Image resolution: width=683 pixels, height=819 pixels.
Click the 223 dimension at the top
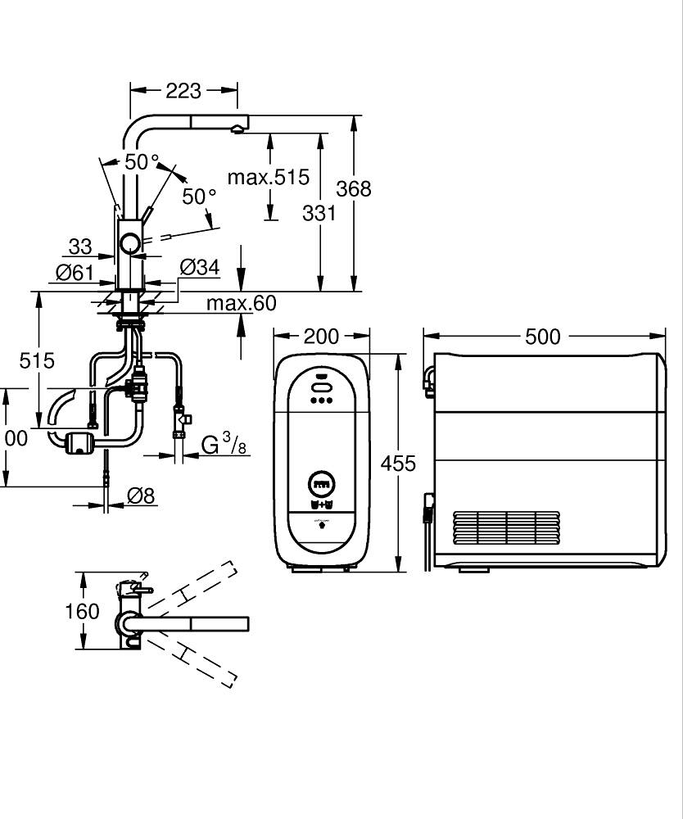pyautogui.click(x=183, y=90)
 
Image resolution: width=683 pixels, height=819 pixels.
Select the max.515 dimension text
pyautogui.click(x=268, y=177)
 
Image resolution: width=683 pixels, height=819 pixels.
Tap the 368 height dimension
pyautogui.click(x=354, y=189)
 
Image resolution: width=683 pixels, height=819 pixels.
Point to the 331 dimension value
pyautogui.click(x=319, y=213)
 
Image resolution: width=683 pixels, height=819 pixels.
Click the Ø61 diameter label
pyautogui.click(x=75, y=273)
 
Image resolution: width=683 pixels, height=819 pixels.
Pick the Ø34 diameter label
pyautogui.click(x=199, y=267)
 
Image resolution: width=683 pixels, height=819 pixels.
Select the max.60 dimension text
pyautogui.click(x=241, y=304)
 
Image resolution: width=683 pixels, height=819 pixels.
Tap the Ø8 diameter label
pyautogui.click(x=142, y=495)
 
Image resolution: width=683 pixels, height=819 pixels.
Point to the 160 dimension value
pyautogui.click(x=82, y=611)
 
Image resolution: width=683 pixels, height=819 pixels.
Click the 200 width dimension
pyautogui.click(x=321, y=337)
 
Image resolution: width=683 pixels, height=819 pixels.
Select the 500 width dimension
pyautogui.click(x=543, y=337)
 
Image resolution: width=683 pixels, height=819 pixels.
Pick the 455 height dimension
pyautogui.click(x=399, y=464)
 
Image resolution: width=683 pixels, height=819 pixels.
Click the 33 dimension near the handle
pyautogui.click(x=80, y=246)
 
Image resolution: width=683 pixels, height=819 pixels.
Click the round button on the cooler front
pyautogui.click(x=321, y=482)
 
